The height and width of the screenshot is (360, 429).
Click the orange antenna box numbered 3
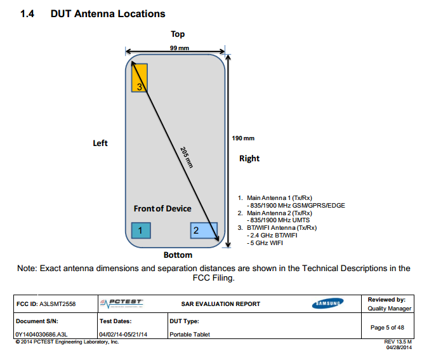139,78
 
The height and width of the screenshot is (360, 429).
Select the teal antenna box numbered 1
140,230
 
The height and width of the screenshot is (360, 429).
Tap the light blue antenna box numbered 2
204,230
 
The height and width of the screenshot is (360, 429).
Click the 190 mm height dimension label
244,138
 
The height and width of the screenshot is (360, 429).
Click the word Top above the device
178,34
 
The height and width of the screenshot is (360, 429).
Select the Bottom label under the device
178,255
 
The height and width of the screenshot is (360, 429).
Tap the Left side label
100,143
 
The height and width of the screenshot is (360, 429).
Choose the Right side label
249,159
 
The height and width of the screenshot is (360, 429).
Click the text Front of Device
162,209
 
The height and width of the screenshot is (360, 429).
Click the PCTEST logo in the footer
122,303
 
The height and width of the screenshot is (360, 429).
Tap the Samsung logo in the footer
327,303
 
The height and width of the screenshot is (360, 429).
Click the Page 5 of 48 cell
386,328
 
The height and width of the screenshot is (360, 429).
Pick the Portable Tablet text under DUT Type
189,335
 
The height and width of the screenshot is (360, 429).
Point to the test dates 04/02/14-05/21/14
123,335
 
